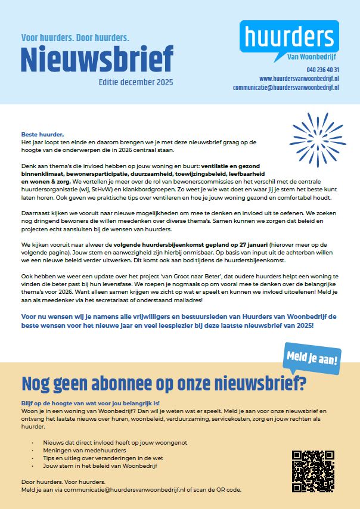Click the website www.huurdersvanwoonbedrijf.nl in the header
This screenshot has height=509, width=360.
pyautogui.click(x=299, y=78)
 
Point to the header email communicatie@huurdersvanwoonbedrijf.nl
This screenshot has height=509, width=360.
pyautogui.click(x=285, y=87)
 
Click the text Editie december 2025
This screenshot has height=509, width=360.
pyautogui.click(x=135, y=82)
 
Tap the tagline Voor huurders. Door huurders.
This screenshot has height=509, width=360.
pyautogui.click(x=75, y=37)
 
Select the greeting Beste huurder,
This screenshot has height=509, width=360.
pyautogui.click(x=42, y=134)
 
